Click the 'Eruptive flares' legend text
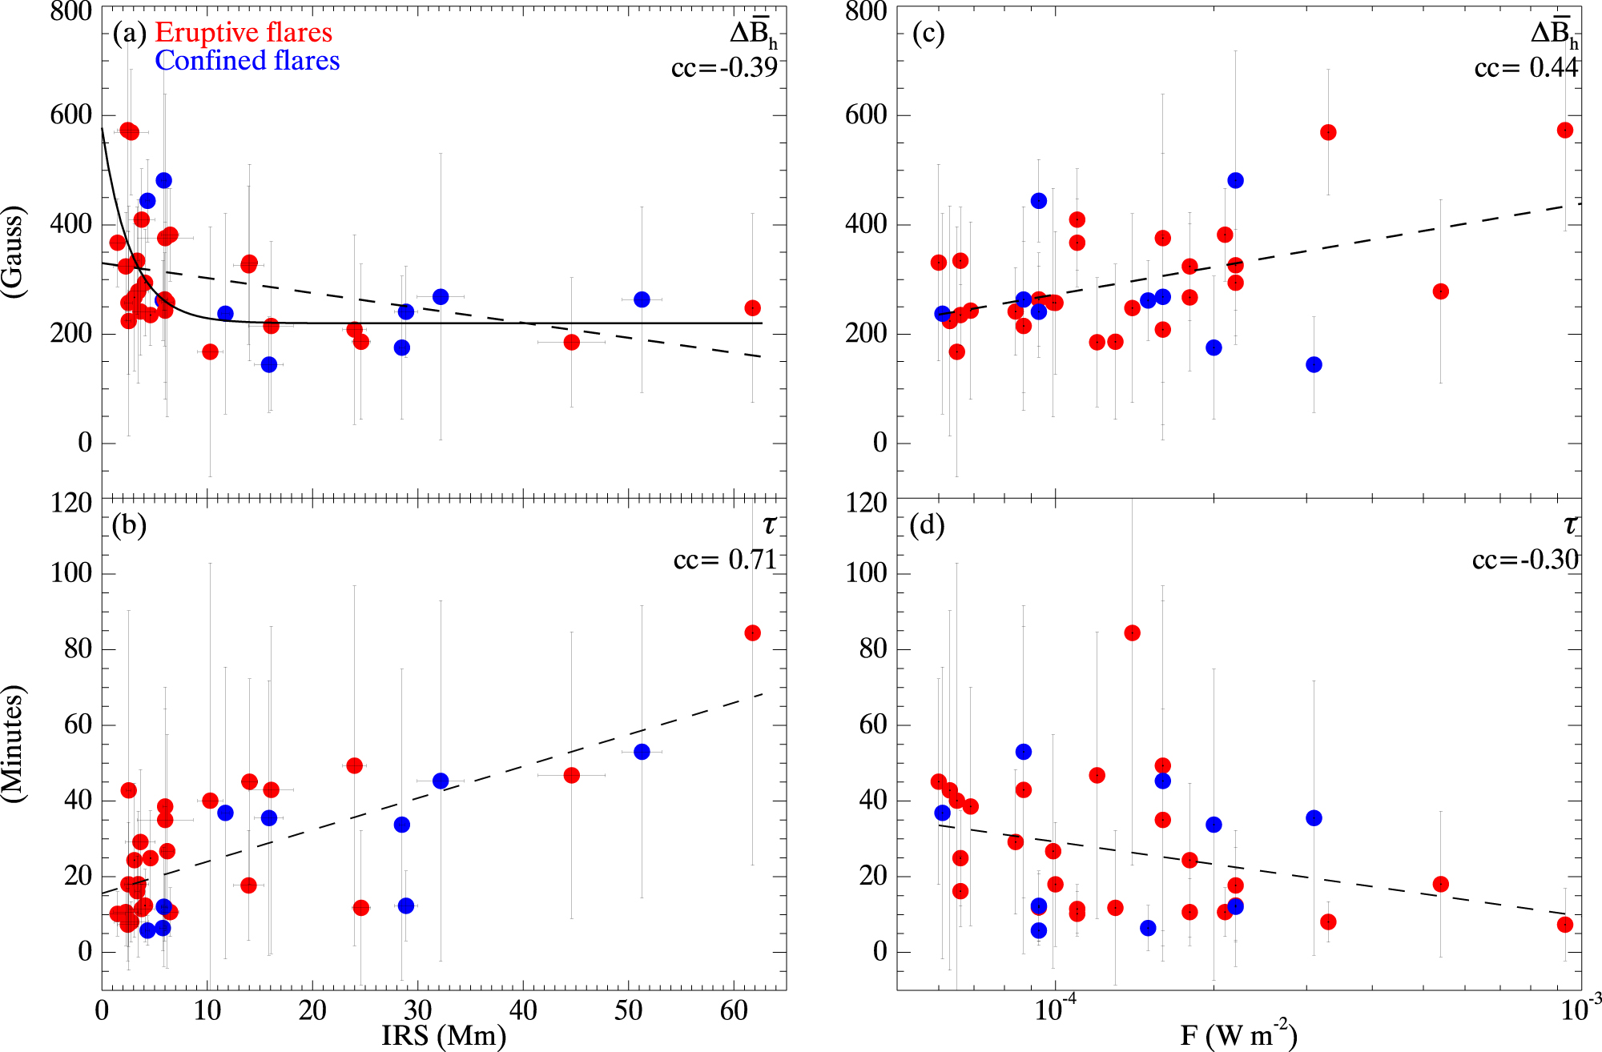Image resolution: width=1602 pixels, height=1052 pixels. click(x=243, y=32)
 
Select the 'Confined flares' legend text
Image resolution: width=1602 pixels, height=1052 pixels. click(x=247, y=61)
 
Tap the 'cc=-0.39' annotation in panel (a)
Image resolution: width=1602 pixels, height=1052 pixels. click(x=724, y=68)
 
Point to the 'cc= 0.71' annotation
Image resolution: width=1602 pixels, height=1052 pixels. click(x=725, y=560)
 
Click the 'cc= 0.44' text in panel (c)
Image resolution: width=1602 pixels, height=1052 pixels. click(x=1526, y=68)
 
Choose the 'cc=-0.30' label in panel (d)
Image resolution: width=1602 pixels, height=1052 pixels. click(x=1525, y=560)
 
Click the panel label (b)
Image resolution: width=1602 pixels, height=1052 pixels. click(x=130, y=525)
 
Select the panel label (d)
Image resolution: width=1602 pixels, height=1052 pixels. click(x=928, y=525)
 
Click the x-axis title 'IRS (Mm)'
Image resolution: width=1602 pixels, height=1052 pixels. click(x=444, y=1035)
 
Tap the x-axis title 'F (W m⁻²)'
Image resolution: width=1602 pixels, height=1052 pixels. click(x=1238, y=1035)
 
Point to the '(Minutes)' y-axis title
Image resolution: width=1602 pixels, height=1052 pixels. click(x=14, y=744)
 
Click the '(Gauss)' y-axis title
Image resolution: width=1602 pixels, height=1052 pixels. click(x=14, y=253)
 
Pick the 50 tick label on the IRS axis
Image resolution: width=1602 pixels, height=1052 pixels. click(x=629, y=1011)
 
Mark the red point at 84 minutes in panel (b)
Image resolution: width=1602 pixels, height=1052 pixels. click(x=752, y=633)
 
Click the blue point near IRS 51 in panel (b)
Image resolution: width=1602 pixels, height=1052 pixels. click(x=642, y=752)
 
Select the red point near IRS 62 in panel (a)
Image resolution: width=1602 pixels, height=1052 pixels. click(x=752, y=308)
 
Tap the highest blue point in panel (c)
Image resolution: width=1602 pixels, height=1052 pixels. click(x=1235, y=181)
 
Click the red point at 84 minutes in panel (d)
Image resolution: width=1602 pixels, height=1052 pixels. click(x=1132, y=633)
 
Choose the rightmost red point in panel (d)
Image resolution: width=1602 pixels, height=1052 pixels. click(x=1565, y=925)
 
